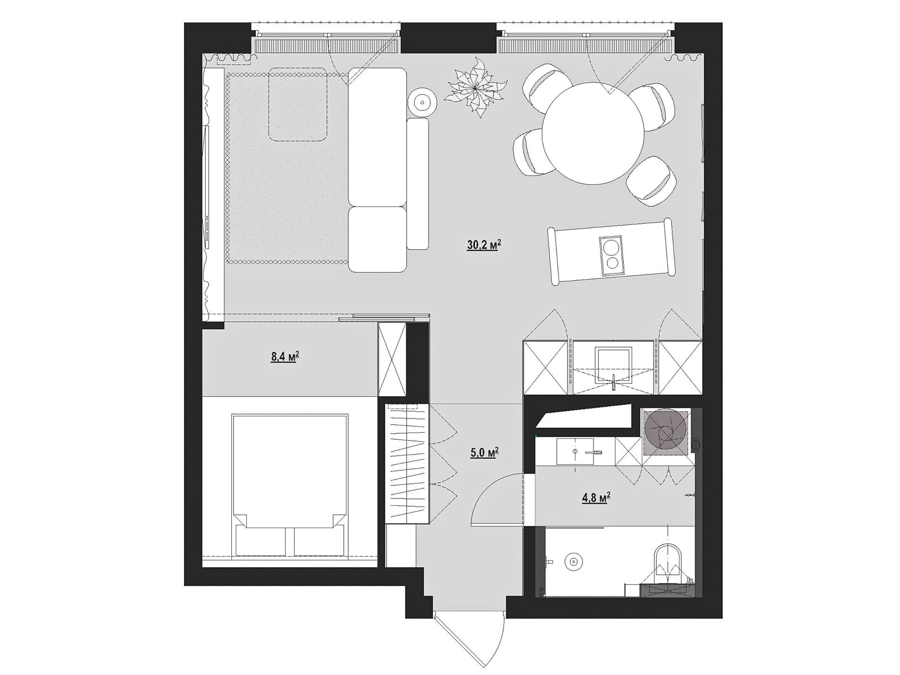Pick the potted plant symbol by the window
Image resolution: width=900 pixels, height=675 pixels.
point(476,87)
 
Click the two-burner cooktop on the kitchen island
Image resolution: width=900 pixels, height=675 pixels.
point(611,255)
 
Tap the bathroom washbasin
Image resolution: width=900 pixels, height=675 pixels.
point(575,451)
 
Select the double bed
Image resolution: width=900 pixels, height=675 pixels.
point(290,485)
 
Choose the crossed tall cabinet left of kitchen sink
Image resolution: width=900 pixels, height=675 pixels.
point(545,368)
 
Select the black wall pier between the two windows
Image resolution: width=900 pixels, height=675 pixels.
point(448,38)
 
